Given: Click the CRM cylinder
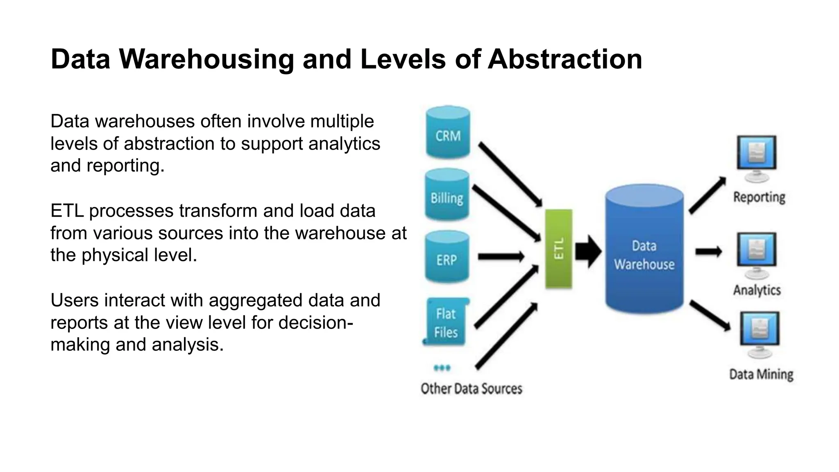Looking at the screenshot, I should click(448, 133).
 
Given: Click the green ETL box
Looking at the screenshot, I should click(558, 249).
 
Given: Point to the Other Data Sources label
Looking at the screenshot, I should click(472, 388).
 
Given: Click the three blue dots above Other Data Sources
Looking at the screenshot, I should click(442, 368).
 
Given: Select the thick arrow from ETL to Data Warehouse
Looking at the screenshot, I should click(588, 251).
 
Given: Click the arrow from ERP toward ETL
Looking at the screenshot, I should click(501, 257).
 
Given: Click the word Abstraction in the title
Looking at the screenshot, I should click(565, 59).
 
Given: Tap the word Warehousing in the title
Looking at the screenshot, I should click(206, 59).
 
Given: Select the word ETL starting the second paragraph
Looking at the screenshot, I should click(67, 211).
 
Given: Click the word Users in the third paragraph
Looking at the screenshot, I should click(74, 300).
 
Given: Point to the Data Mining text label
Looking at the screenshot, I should click(761, 374).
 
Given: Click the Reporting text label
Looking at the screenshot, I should click(759, 197).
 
